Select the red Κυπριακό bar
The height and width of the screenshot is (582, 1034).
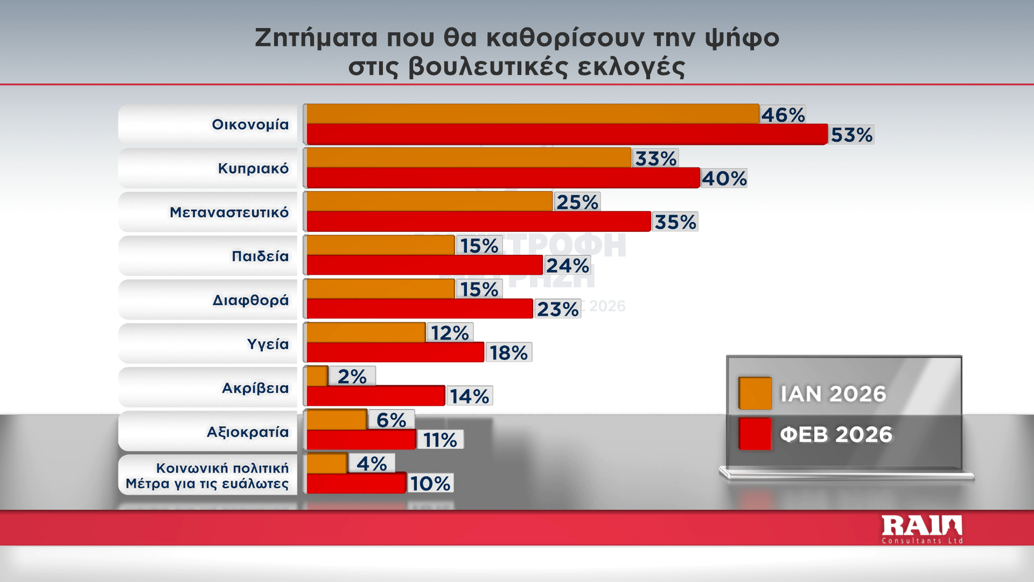tap(503, 178)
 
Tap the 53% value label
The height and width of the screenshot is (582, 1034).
tap(851, 135)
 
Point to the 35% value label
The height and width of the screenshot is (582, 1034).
tap(675, 222)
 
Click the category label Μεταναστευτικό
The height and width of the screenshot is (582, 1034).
tap(229, 212)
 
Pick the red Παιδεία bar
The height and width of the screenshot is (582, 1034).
tap(424, 266)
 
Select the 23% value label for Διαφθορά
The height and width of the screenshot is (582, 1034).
tap(557, 309)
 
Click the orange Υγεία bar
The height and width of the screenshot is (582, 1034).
tap(366, 332)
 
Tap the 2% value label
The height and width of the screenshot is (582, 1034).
tap(352, 376)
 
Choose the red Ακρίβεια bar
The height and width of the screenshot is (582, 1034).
tap(376, 396)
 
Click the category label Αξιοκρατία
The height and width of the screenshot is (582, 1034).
tap(248, 432)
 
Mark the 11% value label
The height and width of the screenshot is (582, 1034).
tap(440, 440)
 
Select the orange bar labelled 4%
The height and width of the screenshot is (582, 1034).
tap(327, 463)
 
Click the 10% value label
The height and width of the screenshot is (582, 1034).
tap(430, 483)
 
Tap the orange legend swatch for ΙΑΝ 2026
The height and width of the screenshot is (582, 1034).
tap(754, 393)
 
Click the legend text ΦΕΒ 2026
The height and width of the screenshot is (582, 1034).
tap(836, 434)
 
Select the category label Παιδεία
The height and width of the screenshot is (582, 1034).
tap(260, 256)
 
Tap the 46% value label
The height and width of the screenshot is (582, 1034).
tap(783, 115)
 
